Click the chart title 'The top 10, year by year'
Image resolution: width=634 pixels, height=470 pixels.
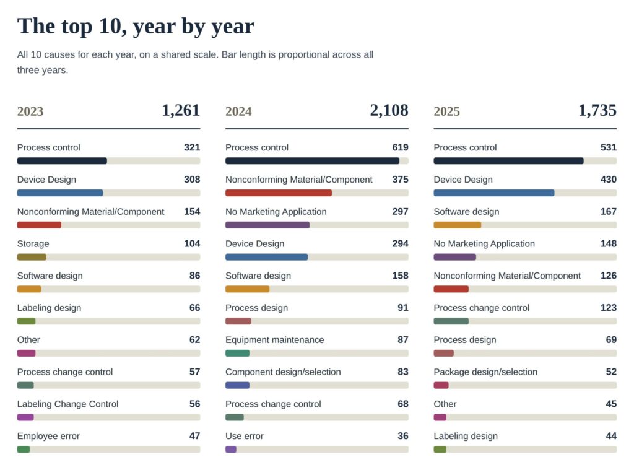pos(136,26)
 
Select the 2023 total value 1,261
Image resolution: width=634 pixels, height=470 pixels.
pos(181,110)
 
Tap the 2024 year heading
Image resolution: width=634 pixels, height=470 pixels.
pos(238,111)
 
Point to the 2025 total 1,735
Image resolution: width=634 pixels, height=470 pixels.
pos(597,110)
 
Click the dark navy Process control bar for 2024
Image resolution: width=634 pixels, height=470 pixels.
pos(312,161)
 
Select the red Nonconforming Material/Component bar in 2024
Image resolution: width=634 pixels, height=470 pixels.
pos(279,193)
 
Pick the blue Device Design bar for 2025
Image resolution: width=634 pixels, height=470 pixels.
pos(494,193)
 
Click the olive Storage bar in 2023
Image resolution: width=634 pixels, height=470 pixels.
pos(32,257)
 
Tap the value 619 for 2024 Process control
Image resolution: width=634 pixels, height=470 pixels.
pos(401,147)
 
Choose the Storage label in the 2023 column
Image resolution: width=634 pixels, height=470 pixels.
pos(33,243)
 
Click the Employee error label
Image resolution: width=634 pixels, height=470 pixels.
pos(48,436)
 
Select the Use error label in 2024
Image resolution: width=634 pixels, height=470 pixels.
pos(244,436)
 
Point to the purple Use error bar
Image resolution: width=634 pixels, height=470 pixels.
pos(231,450)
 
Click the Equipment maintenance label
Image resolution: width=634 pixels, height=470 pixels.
pos(274,340)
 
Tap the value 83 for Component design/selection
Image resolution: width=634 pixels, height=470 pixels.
pos(403,372)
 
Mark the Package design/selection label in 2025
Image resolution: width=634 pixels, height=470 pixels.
pos(485,372)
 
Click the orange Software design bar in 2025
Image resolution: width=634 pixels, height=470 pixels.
pos(458,225)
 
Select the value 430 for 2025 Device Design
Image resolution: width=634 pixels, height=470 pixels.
pos(609,179)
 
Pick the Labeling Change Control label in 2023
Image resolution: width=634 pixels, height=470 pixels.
pos(67,404)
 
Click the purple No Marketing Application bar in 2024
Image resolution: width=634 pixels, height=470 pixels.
pos(267,225)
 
